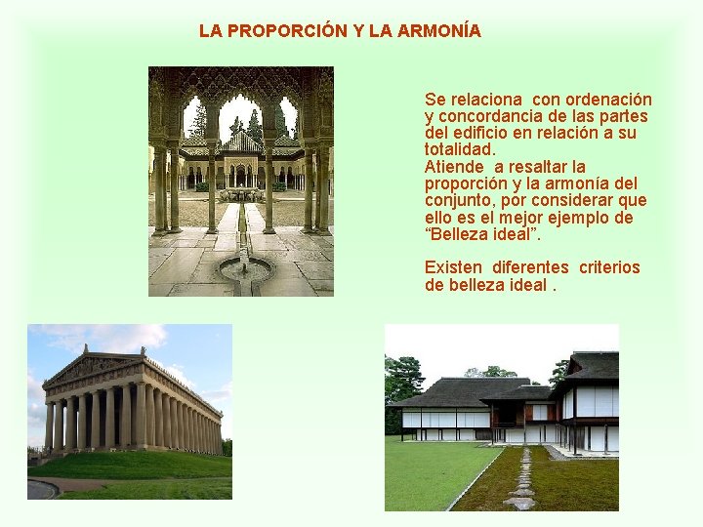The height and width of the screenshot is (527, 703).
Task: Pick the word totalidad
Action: click(x=459, y=149)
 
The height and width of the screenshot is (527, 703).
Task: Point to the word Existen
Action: click(x=453, y=266)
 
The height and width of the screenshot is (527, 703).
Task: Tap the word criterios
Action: click(x=609, y=266)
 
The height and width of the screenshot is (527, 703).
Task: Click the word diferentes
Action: click(x=530, y=266)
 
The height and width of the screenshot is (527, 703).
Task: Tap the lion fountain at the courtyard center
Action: click(x=240, y=193)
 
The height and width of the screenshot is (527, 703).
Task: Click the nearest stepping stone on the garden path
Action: click(x=520, y=503)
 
